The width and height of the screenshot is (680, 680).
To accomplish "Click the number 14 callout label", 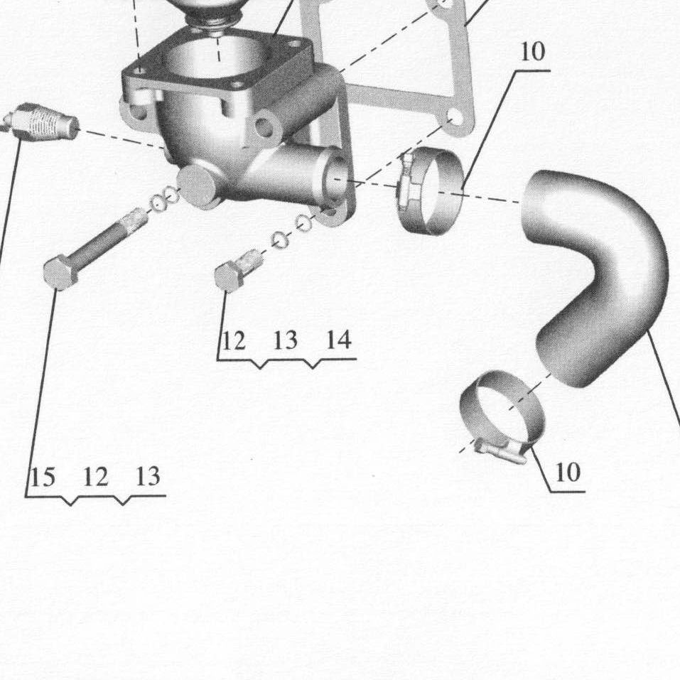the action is tap(338, 340).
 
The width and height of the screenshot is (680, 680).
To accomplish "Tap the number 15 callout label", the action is tap(43, 477).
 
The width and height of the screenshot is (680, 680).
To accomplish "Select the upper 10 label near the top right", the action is tap(532, 52).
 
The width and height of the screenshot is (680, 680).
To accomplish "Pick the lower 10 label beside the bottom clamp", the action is tap(567, 472).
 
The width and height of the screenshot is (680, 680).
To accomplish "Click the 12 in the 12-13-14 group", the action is tap(233, 340).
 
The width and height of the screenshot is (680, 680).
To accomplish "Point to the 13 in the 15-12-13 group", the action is tap(148, 476).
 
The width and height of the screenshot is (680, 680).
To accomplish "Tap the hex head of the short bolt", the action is tap(229, 276).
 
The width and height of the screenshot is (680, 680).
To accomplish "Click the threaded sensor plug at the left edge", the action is tap(41, 122).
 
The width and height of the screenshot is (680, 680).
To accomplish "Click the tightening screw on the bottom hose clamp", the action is tap(502, 450).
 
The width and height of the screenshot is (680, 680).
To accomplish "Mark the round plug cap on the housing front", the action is tap(200, 185).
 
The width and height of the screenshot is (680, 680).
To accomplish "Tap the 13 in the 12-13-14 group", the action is tap(286, 340).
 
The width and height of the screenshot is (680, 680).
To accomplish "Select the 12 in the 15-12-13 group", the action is tap(95, 477).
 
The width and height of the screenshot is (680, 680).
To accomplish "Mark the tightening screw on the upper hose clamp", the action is tap(406, 182).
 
